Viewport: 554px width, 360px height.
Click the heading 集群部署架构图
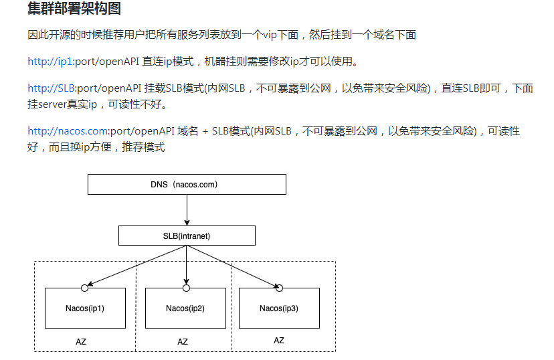pyautogui.click(x=74, y=9)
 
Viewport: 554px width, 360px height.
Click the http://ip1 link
pyautogui.click(x=50, y=62)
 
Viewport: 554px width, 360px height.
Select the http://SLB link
pyautogui.click(x=52, y=88)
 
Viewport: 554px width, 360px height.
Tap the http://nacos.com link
pyautogui.click(x=68, y=131)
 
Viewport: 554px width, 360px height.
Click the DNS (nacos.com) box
pyautogui.click(x=187, y=184)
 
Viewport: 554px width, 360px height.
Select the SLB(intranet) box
pyautogui.click(x=187, y=236)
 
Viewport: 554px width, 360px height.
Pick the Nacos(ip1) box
pyautogui.click(x=85, y=308)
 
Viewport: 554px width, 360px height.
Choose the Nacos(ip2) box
pyautogui.click(x=185, y=308)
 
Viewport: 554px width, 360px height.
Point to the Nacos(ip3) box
pyautogui.click(x=279, y=308)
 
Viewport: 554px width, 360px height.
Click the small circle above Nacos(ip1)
pyautogui.click(x=85, y=288)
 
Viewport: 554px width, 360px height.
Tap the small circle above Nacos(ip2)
pyautogui.click(x=186, y=288)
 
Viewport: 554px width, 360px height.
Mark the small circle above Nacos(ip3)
pyautogui.click(x=280, y=288)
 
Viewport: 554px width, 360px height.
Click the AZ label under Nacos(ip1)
pyautogui.click(x=81, y=341)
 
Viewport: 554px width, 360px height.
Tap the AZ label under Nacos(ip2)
pyautogui.click(x=183, y=341)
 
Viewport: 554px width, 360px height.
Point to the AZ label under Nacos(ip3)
pyautogui.click(x=279, y=341)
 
